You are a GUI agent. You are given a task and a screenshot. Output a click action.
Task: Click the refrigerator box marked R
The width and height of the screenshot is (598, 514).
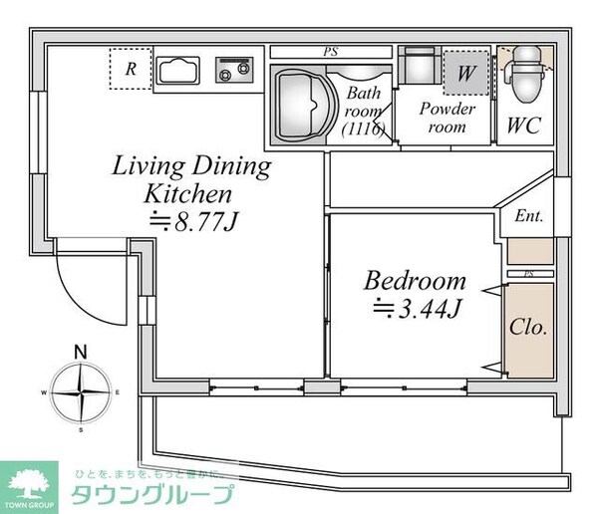[130, 70]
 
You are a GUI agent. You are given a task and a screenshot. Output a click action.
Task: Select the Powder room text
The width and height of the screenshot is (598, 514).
[448, 118]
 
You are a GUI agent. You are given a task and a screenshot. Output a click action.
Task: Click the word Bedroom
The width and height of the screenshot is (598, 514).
[415, 280]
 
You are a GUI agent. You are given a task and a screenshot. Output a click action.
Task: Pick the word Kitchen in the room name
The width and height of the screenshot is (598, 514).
[188, 193]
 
